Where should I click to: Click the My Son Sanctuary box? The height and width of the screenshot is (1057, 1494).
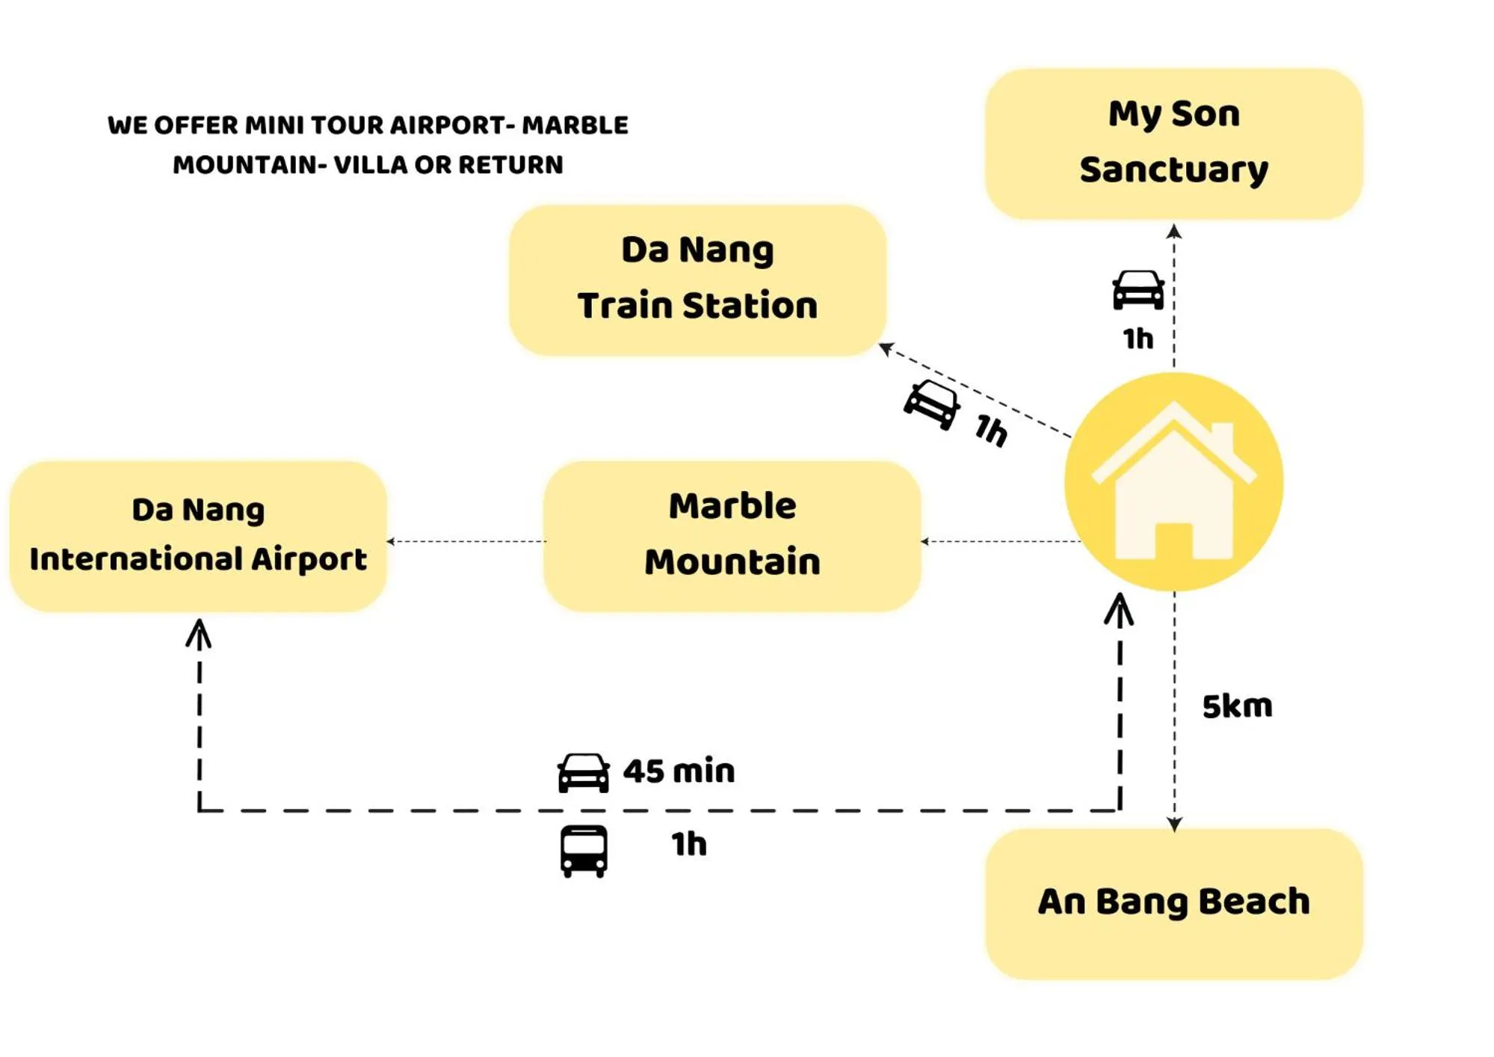[x=1173, y=143]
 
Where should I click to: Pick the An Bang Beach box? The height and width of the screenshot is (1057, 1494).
[x=1173, y=902]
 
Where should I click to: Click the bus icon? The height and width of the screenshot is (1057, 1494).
[x=584, y=850]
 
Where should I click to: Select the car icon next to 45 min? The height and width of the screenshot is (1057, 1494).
[x=584, y=771]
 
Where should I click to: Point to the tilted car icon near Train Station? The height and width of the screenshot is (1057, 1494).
[x=931, y=404]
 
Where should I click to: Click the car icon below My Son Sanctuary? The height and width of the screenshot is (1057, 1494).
[x=1138, y=289]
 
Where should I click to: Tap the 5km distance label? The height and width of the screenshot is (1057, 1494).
[x=1236, y=706]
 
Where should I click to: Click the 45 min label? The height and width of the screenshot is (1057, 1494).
[x=679, y=771]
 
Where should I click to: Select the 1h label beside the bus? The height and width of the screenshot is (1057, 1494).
[x=688, y=844]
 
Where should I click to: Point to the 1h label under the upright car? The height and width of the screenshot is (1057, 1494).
[x=1138, y=339]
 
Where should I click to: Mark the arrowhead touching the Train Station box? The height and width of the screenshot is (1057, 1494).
[x=887, y=348]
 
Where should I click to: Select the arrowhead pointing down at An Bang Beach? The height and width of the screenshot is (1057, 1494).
[x=1174, y=823]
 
